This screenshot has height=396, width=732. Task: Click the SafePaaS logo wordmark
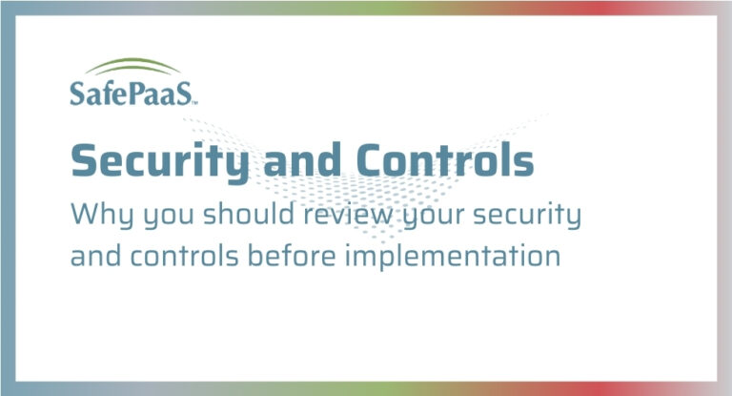pos(132,93)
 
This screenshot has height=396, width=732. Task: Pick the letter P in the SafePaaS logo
pos(138,93)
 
